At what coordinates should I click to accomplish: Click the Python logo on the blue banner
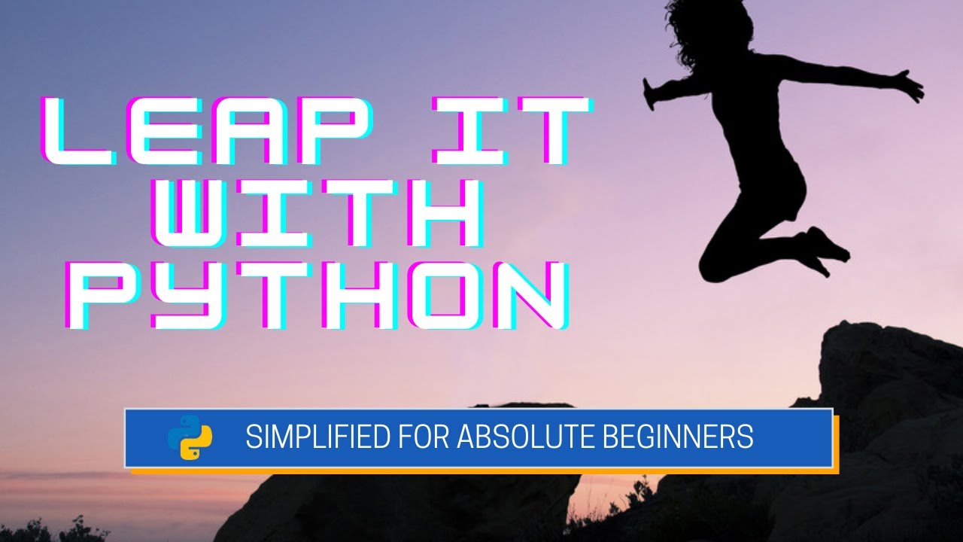point(190,437)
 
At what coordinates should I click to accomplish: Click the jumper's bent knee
point(711,267)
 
